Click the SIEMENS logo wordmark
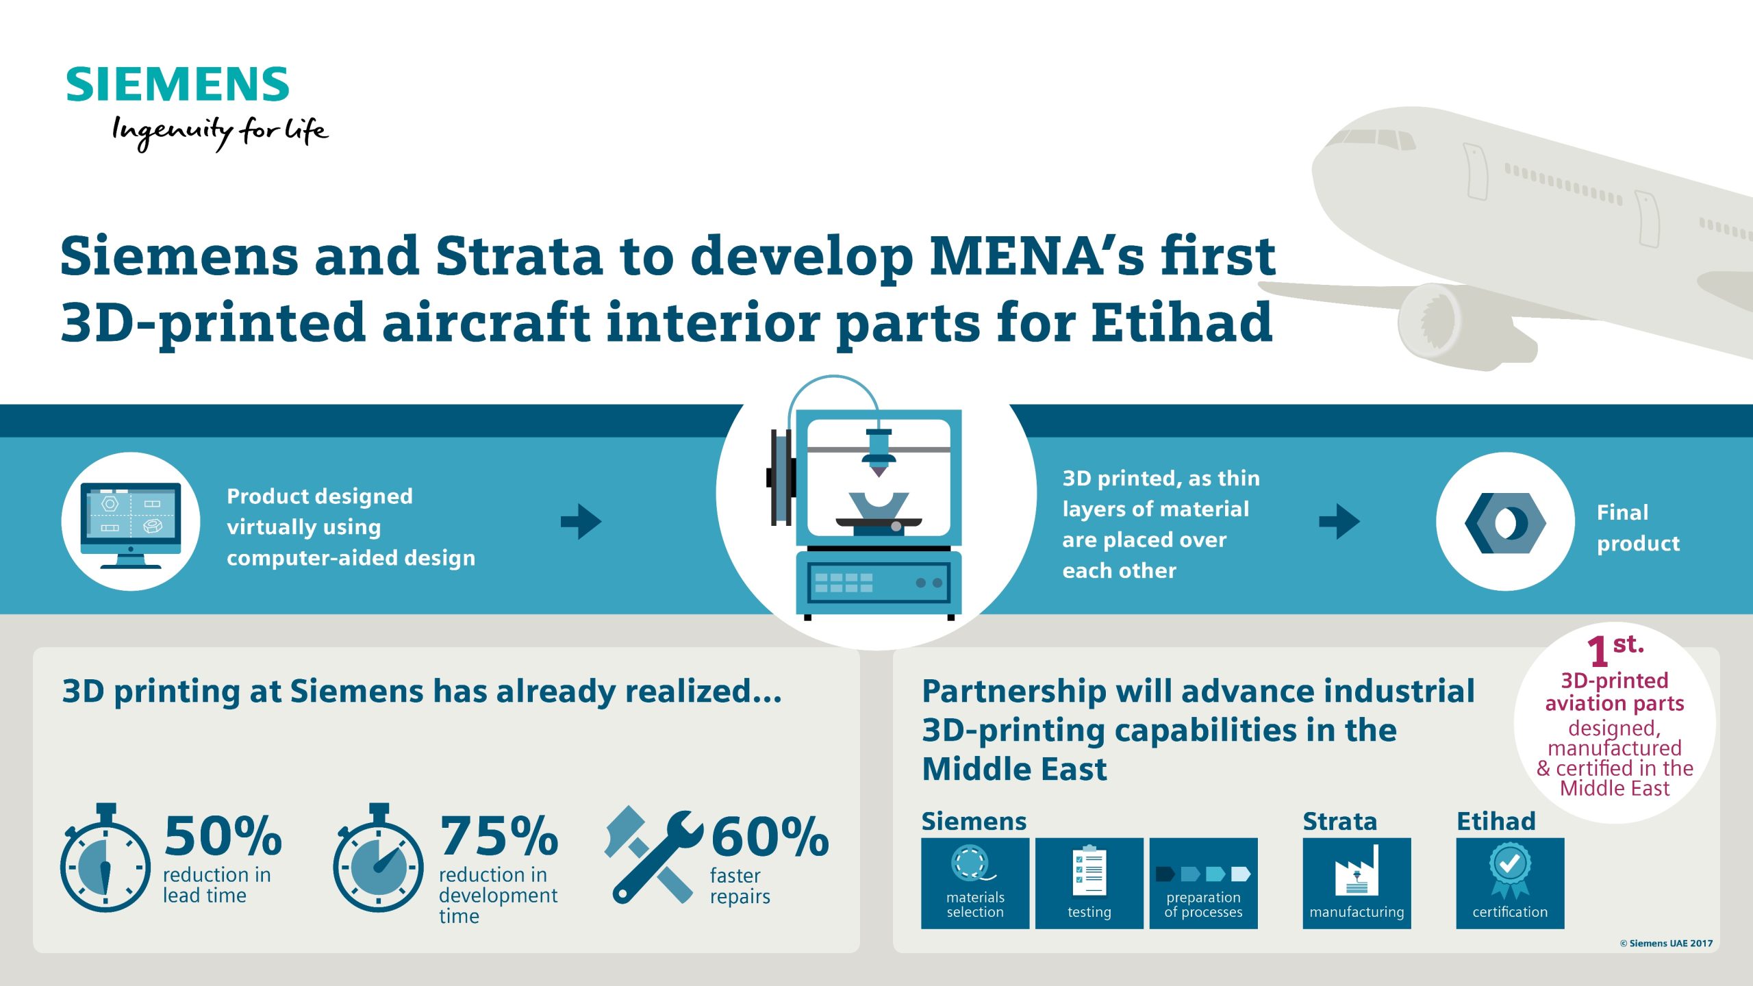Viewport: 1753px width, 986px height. [x=177, y=84]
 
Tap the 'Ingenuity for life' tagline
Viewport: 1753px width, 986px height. [x=220, y=132]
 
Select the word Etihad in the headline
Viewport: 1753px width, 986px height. [x=1181, y=322]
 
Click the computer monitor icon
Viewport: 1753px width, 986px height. [x=131, y=525]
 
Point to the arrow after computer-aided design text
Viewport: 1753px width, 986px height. [x=581, y=522]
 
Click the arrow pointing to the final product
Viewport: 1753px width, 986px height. [x=1339, y=522]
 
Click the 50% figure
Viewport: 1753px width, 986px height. [x=223, y=836]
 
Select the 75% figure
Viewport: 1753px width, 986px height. [x=499, y=836]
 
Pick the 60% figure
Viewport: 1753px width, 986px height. [x=770, y=836]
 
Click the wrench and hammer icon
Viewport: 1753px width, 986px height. [x=653, y=855]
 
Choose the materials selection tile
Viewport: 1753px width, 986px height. [x=975, y=883]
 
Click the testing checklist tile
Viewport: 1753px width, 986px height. [x=1089, y=883]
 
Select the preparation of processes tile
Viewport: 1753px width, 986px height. [x=1203, y=883]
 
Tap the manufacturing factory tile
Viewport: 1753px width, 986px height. [x=1357, y=883]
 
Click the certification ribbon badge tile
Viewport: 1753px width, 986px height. [x=1510, y=883]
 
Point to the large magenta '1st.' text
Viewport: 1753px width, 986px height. [x=1615, y=650]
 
